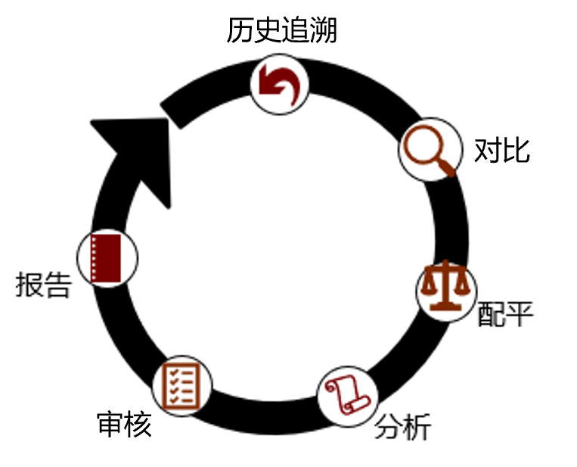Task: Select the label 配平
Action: pos(505,314)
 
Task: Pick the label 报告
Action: pos(43,285)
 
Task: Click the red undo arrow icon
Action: pos(281,83)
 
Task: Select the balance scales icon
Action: pos(445,288)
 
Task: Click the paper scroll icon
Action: pos(346,396)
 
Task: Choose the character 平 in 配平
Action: pos(520,314)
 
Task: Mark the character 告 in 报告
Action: pos(57,285)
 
